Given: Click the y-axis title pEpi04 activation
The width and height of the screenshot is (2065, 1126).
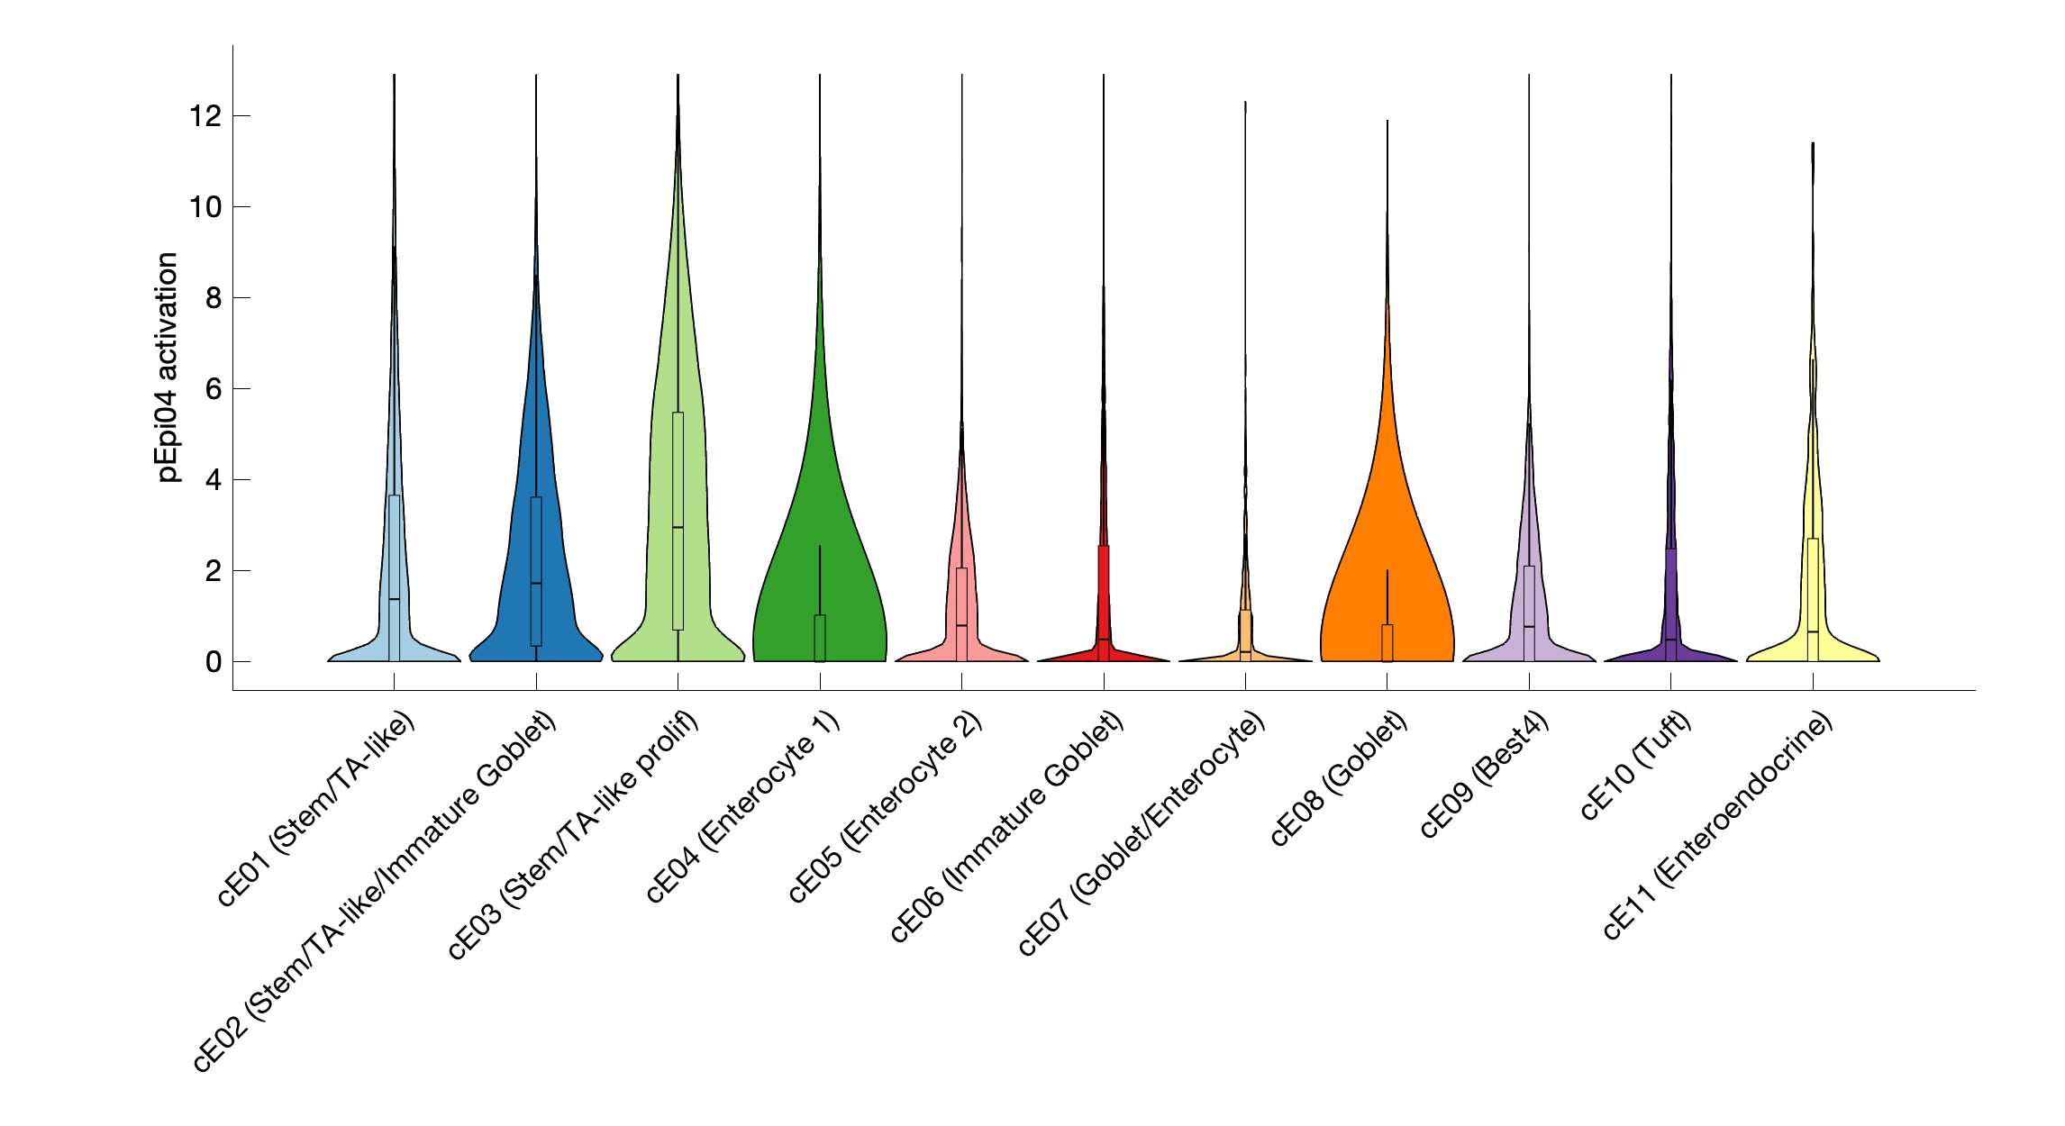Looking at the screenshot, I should tap(168, 367).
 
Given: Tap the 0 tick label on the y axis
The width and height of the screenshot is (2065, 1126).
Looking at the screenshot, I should tap(214, 662).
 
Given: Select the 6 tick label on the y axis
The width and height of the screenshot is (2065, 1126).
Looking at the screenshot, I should tap(214, 389).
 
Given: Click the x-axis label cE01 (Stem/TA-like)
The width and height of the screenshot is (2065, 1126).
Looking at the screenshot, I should tap(316, 808).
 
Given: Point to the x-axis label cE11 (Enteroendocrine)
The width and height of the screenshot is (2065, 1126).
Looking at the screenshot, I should tap(1718, 825).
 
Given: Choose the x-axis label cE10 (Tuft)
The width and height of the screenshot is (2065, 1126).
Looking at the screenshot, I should tap(1636, 765).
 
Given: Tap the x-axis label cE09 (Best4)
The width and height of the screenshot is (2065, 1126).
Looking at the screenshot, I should tap(1485, 774).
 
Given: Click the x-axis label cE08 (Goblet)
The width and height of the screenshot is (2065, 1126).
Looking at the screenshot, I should tap(1339, 778).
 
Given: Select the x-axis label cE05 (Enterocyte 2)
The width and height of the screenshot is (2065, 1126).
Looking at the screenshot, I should tap(885, 806).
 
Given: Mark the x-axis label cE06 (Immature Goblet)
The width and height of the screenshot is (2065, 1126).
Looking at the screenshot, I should tap(1006, 827).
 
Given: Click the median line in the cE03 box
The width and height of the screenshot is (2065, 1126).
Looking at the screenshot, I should tap(678, 527).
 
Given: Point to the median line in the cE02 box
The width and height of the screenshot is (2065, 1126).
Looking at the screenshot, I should tap(536, 583).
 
